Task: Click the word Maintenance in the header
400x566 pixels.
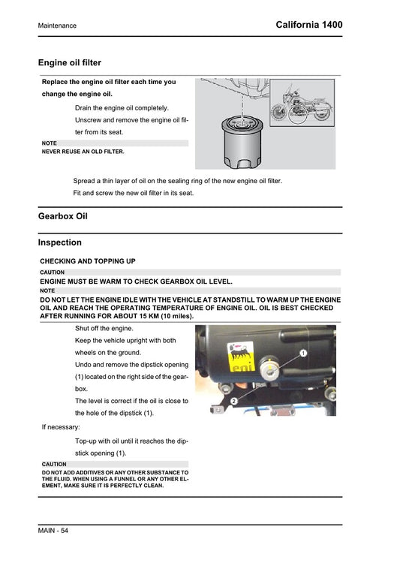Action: [57, 26]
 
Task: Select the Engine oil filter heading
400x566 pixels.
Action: [69, 63]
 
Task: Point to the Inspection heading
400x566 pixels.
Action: [59, 242]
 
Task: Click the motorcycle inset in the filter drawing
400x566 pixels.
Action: [302, 103]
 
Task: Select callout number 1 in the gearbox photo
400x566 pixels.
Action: [302, 352]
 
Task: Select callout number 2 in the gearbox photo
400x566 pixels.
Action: [234, 402]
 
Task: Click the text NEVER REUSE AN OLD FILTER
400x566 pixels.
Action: [83, 151]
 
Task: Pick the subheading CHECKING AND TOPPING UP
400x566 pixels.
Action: [87, 261]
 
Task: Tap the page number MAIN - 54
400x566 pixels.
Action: [53, 531]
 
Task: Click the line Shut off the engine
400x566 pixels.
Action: [104, 328]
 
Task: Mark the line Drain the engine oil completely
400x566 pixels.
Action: [122, 107]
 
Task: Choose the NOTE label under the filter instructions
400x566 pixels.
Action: [50, 143]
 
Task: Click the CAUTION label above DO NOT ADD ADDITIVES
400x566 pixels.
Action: [54, 464]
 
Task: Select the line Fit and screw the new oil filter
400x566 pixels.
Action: [133, 193]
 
